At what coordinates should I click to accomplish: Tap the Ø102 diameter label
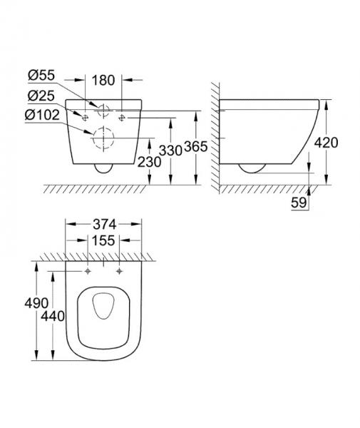[x=41, y=113]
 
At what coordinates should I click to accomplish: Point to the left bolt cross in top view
[x=88, y=271]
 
